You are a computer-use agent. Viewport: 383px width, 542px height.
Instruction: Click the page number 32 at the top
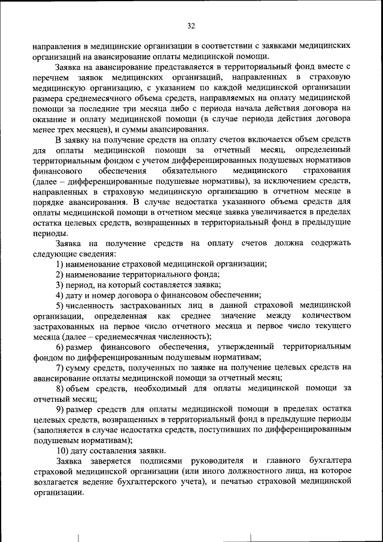(191, 26)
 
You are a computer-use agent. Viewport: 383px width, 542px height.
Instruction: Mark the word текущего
(331, 325)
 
